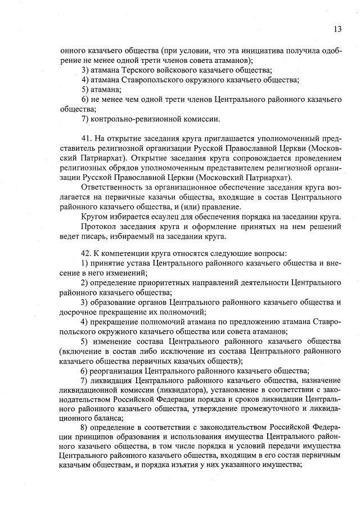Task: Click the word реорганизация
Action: [115, 371]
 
